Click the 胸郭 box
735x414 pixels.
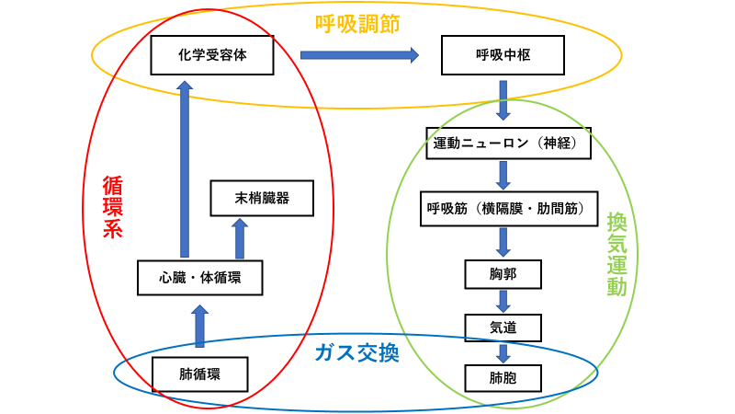point(503,273)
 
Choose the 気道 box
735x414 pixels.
point(503,326)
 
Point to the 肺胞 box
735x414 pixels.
point(503,377)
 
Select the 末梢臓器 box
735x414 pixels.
point(262,198)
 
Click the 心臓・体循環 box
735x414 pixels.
point(199,276)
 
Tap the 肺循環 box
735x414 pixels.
point(199,374)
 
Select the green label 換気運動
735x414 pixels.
point(616,253)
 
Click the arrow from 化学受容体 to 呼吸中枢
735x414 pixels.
point(359,55)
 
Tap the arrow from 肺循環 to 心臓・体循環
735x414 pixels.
point(199,326)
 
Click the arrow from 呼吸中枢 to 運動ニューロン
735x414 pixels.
point(503,100)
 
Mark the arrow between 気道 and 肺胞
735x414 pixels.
point(503,352)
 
